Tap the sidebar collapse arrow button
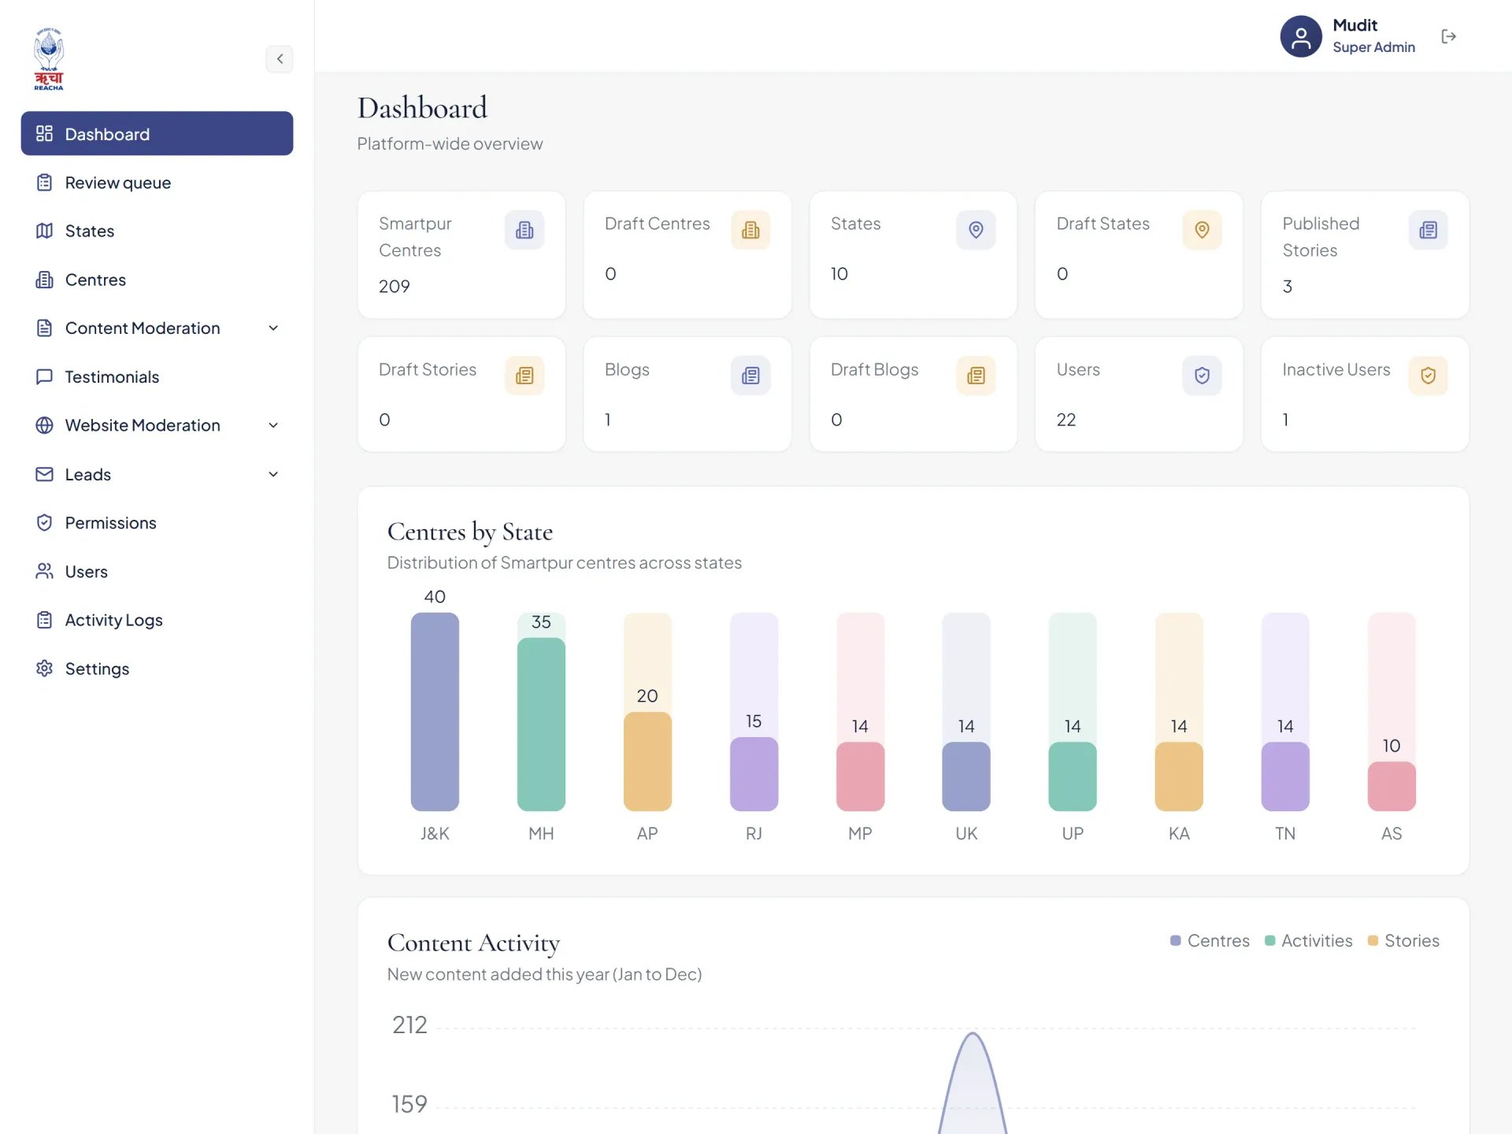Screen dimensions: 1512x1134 click(x=280, y=59)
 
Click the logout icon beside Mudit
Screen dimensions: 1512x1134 click(x=1448, y=36)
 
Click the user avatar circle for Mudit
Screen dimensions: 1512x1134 click(x=1301, y=36)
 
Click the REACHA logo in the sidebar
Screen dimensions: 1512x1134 click(x=49, y=59)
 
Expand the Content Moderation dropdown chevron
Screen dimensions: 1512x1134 click(x=273, y=328)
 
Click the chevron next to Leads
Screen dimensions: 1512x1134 click(x=273, y=474)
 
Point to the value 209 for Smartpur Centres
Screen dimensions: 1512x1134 click(x=395, y=287)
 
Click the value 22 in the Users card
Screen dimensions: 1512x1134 click(x=1066, y=420)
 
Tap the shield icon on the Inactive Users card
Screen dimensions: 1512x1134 click(x=1428, y=376)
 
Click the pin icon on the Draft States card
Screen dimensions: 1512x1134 click(x=1202, y=230)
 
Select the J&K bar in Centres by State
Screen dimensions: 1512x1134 click(x=435, y=712)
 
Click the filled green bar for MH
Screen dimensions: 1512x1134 click(x=541, y=724)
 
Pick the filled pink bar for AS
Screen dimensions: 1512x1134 click(x=1392, y=786)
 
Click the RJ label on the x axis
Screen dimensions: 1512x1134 click(x=754, y=833)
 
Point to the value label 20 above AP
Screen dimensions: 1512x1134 click(x=647, y=696)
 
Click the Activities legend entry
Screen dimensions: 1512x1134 click(x=1309, y=941)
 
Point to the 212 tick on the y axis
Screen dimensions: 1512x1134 click(x=409, y=1025)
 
